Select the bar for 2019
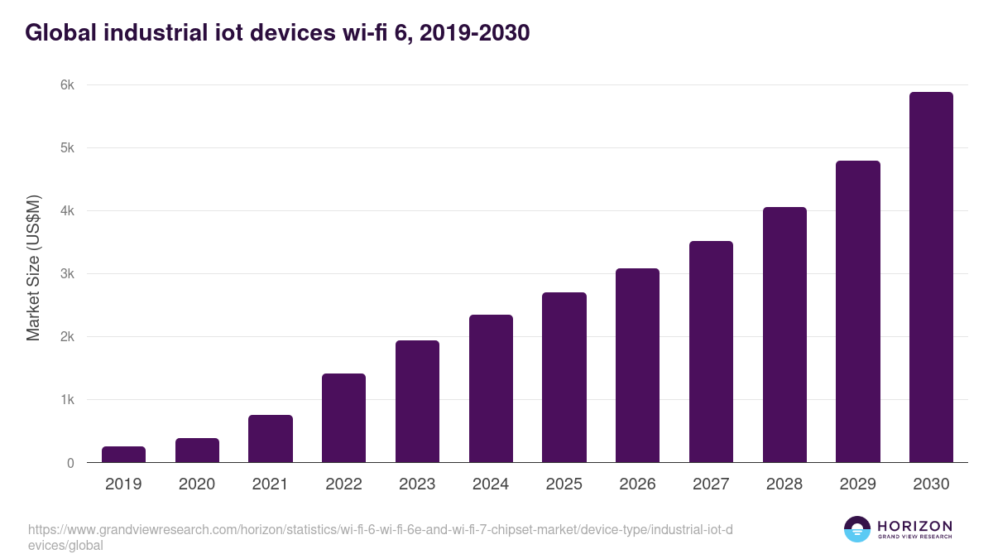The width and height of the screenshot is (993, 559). [123, 455]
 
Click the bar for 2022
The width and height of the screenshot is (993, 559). [343, 418]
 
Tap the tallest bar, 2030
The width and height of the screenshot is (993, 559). [931, 277]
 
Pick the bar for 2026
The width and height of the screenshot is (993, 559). [637, 365]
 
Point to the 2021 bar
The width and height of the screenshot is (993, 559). [271, 439]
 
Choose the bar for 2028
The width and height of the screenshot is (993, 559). [784, 335]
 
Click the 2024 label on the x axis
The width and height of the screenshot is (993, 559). [491, 484]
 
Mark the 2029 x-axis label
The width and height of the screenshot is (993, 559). [857, 484]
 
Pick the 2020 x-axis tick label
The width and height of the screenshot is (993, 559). [197, 484]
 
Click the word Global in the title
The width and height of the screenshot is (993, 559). [64, 33]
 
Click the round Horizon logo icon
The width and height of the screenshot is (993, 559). [857, 529]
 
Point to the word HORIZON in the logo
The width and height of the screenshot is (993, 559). [914, 525]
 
